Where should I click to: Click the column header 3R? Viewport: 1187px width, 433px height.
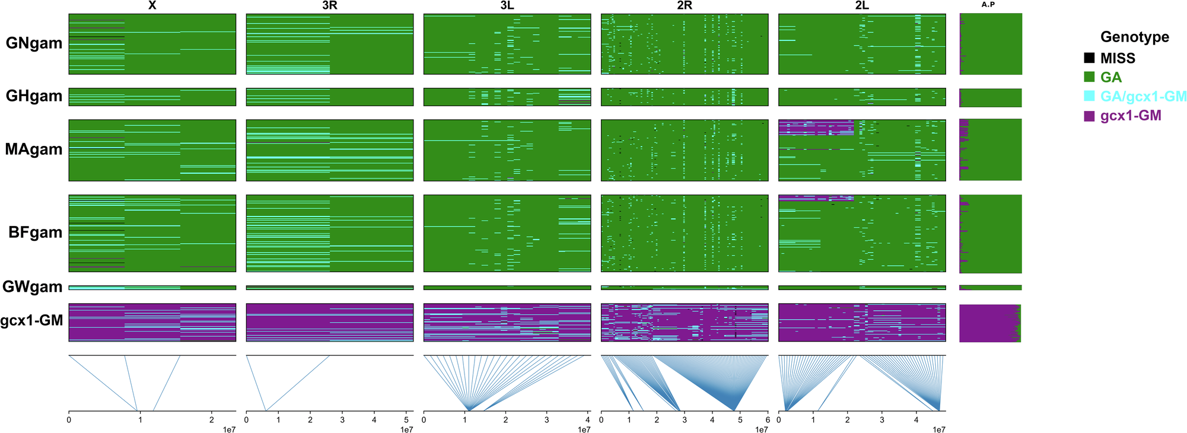coord(329,6)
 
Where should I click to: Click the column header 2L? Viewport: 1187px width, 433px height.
coord(861,6)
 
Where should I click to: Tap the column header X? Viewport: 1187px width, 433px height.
coord(152,6)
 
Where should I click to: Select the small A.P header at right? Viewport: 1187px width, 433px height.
coord(988,5)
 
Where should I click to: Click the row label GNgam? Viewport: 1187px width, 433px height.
coord(34,43)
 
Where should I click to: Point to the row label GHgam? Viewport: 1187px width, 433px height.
coord(34,96)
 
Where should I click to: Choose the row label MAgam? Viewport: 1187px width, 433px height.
coord(34,149)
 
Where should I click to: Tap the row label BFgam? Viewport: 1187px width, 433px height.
coord(36,233)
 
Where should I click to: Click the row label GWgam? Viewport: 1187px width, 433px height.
coord(33,287)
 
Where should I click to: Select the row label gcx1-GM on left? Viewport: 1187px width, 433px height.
coord(31,321)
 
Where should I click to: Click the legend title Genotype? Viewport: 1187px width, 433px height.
coord(1134,37)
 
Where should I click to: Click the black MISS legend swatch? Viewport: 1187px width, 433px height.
coord(1089,58)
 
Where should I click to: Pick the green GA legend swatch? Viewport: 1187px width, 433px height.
coord(1089,77)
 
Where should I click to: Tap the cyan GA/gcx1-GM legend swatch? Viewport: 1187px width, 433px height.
coord(1089,96)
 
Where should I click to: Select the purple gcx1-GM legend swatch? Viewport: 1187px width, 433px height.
coord(1089,116)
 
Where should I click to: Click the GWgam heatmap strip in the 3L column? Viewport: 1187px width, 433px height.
coord(507,288)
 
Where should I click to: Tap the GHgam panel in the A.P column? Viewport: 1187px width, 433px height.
coord(991,97)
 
